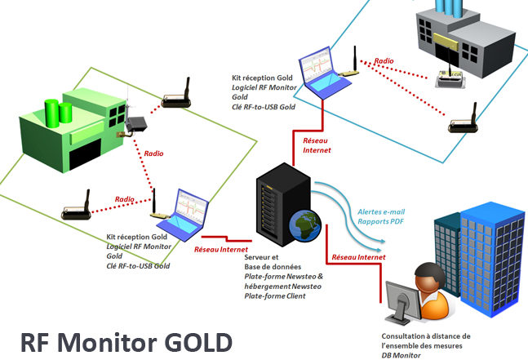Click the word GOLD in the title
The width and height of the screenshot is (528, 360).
[198, 343]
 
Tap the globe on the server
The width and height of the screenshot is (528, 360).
[305, 226]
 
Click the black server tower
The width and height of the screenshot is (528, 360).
[283, 204]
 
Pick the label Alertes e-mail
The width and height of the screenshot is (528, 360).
[381, 211]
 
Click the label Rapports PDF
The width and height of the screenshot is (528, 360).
[380, 221]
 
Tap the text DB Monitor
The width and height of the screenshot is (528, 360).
[401, 355]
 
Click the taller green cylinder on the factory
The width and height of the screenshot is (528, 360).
[52, 113]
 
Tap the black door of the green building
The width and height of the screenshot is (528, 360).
[85, 153]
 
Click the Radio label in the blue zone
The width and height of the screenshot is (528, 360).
[384, 61]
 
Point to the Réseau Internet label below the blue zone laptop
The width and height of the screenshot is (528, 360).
[317, 145]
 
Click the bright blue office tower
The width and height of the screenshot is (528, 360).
[492, 259]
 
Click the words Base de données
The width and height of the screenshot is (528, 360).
[273, 267]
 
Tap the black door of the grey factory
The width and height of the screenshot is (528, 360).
[447, 54]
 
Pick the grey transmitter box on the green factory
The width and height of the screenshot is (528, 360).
[136, 124]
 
